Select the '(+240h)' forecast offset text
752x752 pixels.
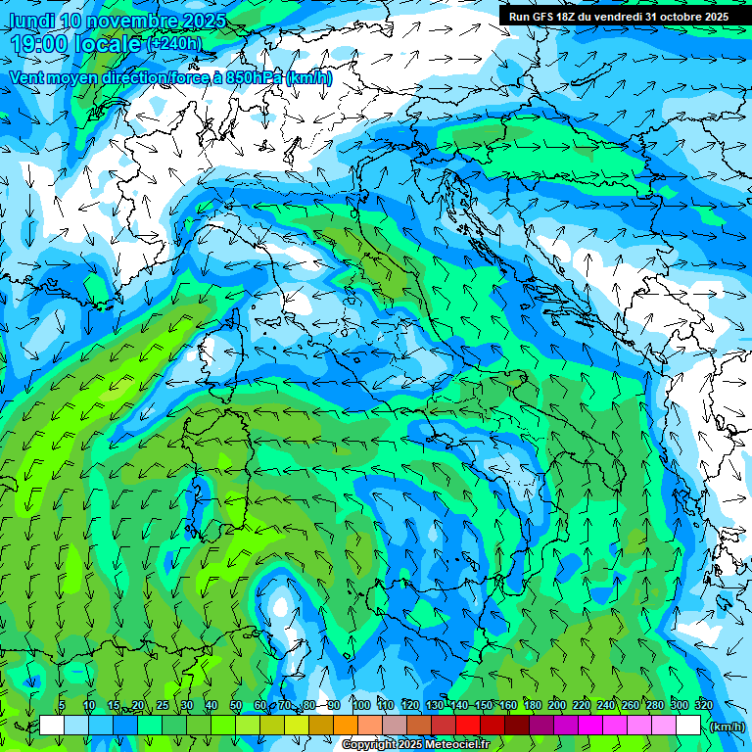[174, 44]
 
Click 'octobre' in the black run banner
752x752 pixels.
[681, 17]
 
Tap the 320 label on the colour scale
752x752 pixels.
[703, 705]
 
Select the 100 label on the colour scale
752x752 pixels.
[360, 705]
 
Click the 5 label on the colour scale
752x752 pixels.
[62, 705]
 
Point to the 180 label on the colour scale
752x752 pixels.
[531, 705]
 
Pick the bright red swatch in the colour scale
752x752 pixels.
[467, 726]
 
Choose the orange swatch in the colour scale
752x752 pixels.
[345, 726]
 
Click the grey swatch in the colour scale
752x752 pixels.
[394, 726]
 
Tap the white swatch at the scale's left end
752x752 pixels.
[52, 726]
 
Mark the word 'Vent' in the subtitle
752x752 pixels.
[27, 77]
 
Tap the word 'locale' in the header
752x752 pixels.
[108, 44]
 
